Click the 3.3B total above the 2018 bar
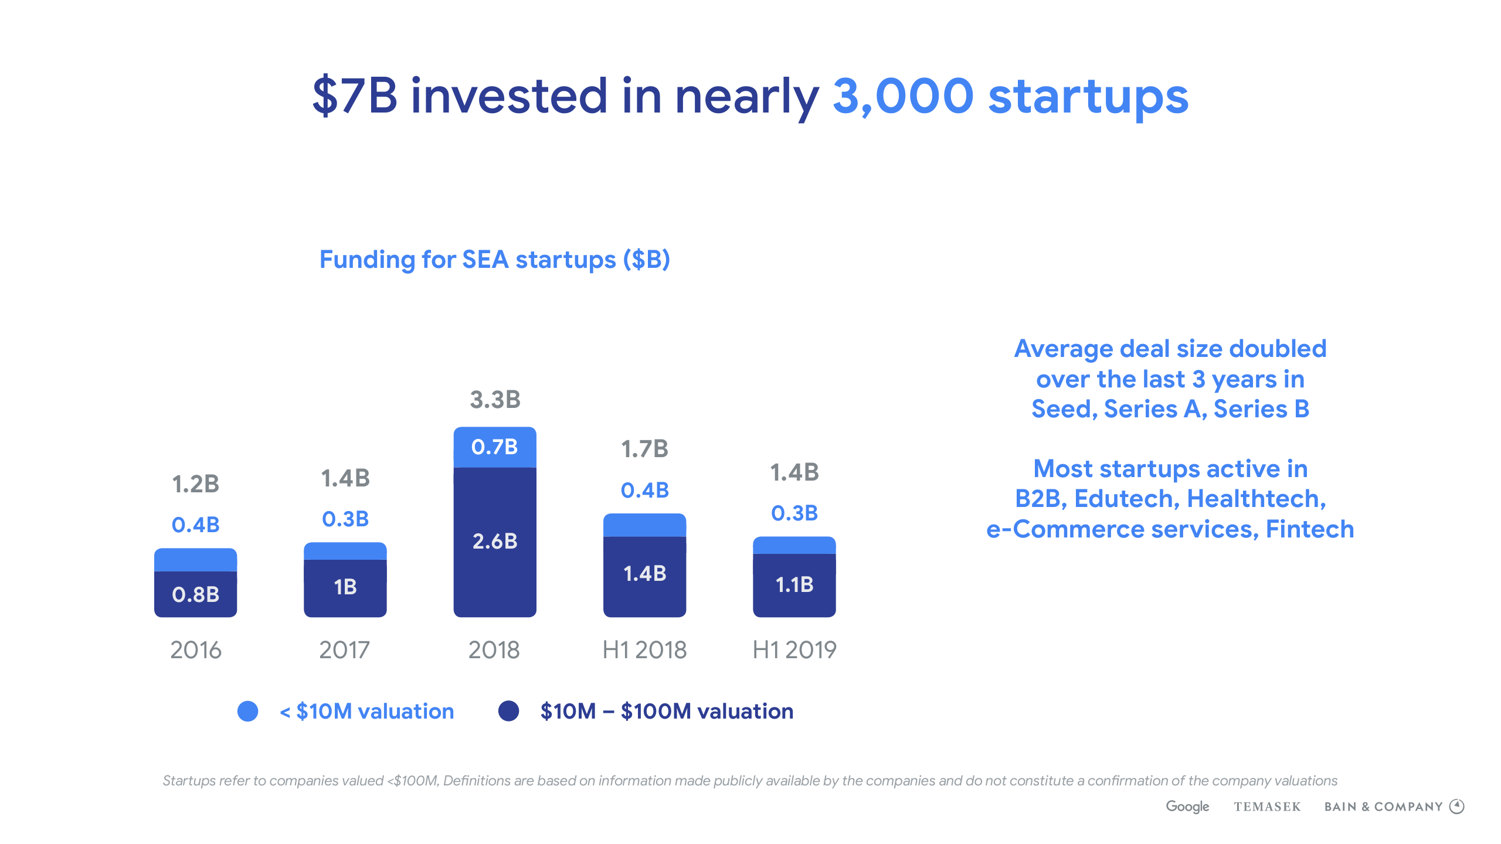[495, 400]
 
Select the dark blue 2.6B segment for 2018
[495, 542]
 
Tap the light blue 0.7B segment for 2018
[495, 447]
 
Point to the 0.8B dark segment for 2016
[195, 594]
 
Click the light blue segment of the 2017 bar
[345, 551]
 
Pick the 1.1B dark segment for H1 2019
[794, 584]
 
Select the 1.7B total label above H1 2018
[644, 449]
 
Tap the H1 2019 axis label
[794, 650]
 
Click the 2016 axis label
[195, 650]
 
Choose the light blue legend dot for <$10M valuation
[247, 711]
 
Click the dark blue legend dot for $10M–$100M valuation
[508, 711]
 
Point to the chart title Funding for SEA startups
[494, 260]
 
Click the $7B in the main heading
[354, 96]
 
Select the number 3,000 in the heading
[903, 96]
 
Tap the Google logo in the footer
[1187, 806]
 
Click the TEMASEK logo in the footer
[1267, 807]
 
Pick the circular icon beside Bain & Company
[1457, 806]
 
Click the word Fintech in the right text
[1310, 529]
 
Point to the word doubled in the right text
[1278, 349]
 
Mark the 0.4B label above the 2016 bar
[195, 525]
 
